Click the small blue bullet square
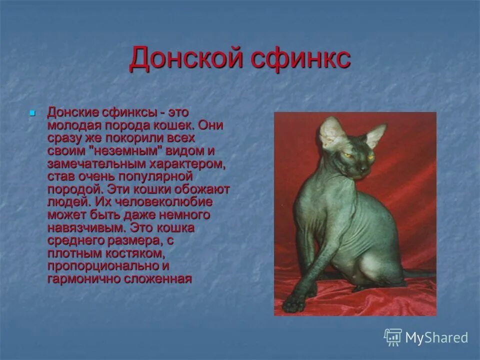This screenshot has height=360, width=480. point(33,113)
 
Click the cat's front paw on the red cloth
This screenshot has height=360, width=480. point(294,303)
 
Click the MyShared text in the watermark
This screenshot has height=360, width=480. point(436,337)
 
